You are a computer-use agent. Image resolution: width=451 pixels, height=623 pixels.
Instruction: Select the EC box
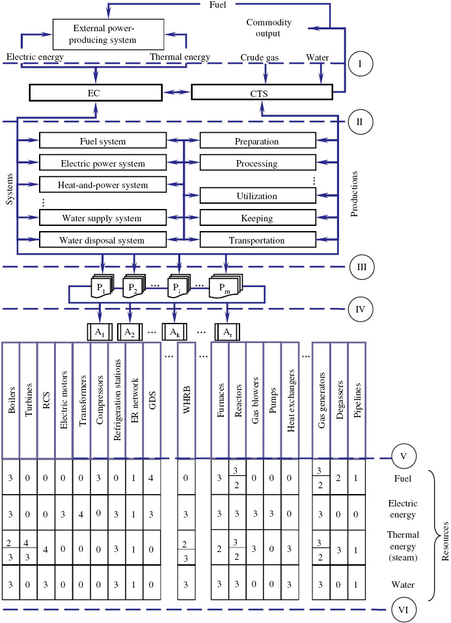point(95,93)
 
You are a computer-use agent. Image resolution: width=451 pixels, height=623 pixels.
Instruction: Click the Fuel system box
point(102,141)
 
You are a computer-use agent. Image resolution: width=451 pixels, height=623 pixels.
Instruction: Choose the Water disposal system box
point(102,240)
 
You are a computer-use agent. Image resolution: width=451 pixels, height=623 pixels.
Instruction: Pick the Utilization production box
point(256,195)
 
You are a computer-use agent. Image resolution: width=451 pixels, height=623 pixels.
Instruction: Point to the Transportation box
point(256,240)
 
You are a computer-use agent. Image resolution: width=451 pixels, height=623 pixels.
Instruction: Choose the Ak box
point(174,332)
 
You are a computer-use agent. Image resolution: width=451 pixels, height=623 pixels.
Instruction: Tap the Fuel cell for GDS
point(152,477)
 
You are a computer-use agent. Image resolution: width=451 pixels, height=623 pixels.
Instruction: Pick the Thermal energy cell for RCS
point(46,547)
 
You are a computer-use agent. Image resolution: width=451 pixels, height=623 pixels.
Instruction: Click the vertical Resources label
point(444,534)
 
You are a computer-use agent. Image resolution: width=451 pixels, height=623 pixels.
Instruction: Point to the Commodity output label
point(269,28)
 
